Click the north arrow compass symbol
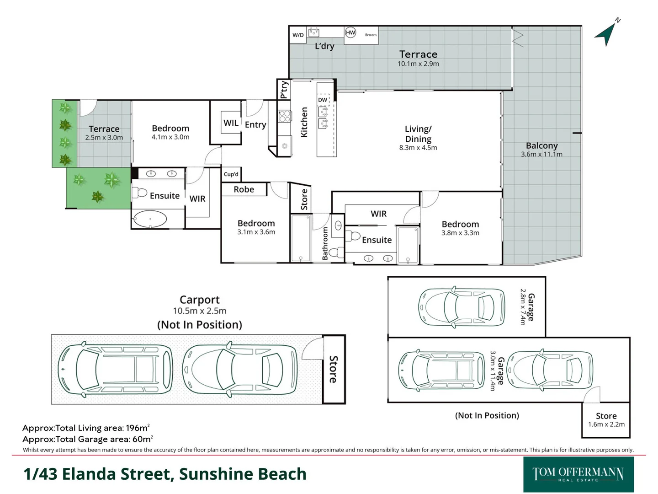607,33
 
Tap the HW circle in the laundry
350,32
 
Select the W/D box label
298,35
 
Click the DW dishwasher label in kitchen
323,100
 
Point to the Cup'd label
231,174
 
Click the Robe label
244,189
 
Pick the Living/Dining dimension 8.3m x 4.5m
418,148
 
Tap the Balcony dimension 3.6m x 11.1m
541,154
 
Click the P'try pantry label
284,89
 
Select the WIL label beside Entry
231,123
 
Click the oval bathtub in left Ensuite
150,219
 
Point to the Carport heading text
199,300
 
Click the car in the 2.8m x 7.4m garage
462,307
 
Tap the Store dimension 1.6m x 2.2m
606,424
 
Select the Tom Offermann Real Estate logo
578,474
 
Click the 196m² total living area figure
137,428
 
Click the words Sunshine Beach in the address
243,474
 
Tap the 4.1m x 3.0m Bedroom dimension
170,137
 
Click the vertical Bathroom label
325,243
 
